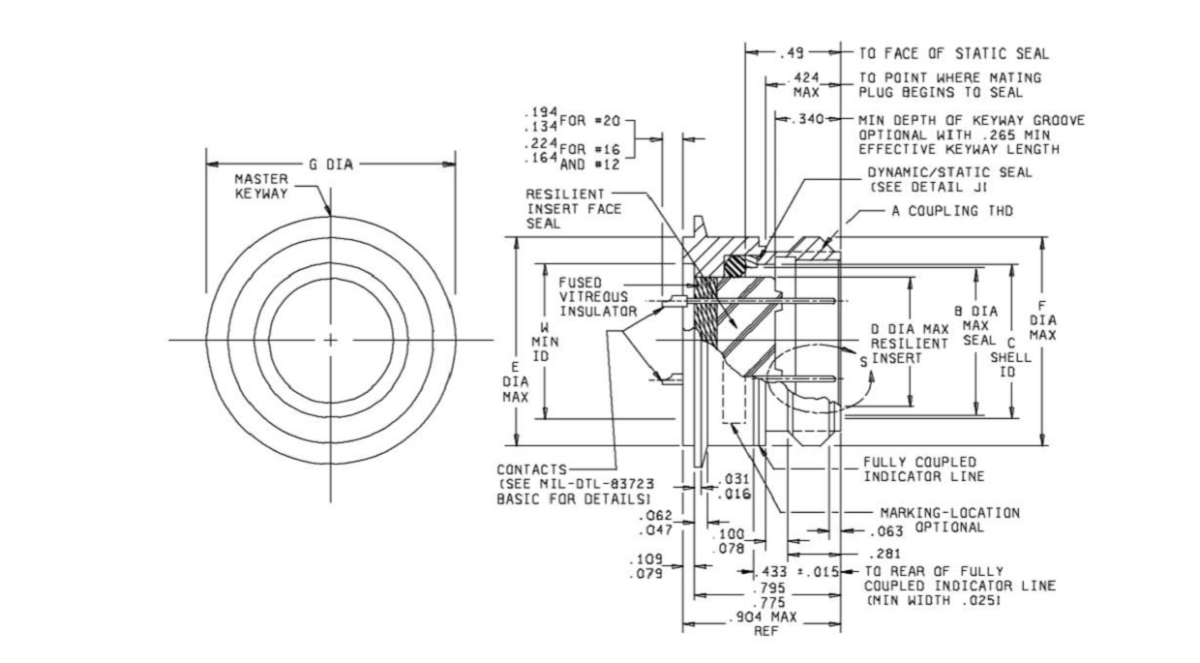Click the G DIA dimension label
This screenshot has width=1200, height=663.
[x=331, y=165]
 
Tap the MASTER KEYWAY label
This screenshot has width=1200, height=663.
[x=261, y=187]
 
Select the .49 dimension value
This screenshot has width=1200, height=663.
[x=792, y=53]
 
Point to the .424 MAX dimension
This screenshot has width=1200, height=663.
[x=806, y=84]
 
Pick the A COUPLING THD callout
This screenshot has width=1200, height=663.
[x=952, y=211]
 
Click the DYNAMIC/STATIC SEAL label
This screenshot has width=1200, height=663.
[x=949, y=180]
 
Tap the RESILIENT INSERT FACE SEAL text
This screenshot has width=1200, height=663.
[x=573, y=209]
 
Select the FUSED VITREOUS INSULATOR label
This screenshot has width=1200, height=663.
[x=598, y=297]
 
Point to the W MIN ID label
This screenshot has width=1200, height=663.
[x=545, y=342]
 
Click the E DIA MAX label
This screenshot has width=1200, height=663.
[x=516, y=382]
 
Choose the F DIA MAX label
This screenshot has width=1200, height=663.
[x=1042, y=320]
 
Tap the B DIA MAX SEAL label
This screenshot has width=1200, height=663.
[x=976, y=325]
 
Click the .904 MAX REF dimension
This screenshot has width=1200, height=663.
[x=765, y=624]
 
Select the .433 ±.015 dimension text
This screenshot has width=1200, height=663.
[x=796, y=571]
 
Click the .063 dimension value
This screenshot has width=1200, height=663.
[x=886, y=531]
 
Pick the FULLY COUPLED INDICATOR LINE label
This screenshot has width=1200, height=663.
[x=923, y=469]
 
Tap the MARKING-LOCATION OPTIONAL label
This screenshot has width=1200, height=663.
[x=949, y=520]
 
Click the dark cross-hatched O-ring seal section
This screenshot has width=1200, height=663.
[x=739, y=266]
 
